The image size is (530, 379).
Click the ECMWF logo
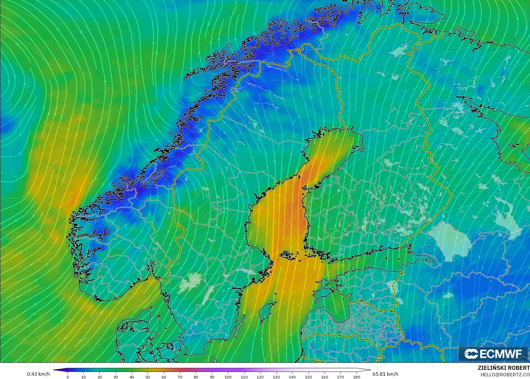tap(493, 354)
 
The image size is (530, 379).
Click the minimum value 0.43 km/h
tap(38, 374)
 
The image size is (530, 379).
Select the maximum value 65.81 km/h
tap(385, 374)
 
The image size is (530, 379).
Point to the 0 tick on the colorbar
tap(68, 377)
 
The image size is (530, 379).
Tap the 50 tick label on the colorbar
tap(148, 377)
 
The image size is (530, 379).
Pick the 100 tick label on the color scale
tap(228, 377)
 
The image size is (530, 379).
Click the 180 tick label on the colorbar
tap(356, 377)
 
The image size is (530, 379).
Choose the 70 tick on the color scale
tap(180, 377)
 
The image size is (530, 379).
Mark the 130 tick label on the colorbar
tap(276, 377)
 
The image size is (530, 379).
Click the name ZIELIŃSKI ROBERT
tap(504, 368)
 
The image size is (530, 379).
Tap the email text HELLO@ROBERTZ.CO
tap(505, 375)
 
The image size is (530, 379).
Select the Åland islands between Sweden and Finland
tap(287, 255)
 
